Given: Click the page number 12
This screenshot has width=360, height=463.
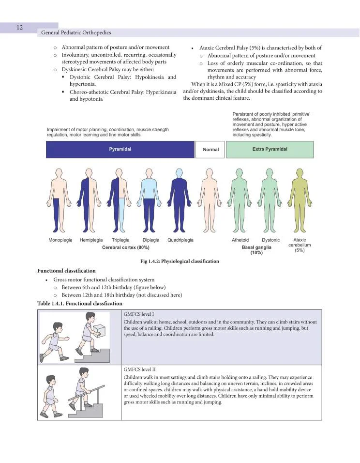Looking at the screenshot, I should pos(20,28).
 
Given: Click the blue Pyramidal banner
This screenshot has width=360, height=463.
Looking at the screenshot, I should pos(120,150).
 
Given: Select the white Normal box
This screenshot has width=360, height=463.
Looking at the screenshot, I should pos(210,150).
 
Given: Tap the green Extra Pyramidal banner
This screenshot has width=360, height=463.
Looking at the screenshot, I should pos(270,150).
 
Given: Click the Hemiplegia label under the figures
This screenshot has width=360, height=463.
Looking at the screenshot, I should pos(91,240).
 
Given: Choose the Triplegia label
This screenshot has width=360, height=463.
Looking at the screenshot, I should pos(120,240).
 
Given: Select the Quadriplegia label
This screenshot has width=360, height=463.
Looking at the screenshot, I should pos(180,240).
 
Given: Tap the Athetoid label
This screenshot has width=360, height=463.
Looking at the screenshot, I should pos(240,240).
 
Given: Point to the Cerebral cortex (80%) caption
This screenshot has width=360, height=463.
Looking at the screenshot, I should pos(126,247).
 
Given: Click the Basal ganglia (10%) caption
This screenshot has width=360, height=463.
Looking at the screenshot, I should pos(256,250).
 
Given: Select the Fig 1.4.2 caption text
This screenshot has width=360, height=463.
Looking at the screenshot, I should pos(180,262).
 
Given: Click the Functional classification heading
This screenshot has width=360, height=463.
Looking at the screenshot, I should pos(66,271).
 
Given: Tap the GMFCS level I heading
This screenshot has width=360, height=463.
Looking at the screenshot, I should pos(138,314).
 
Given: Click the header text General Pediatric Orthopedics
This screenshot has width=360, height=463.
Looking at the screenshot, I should pos(76,33).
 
